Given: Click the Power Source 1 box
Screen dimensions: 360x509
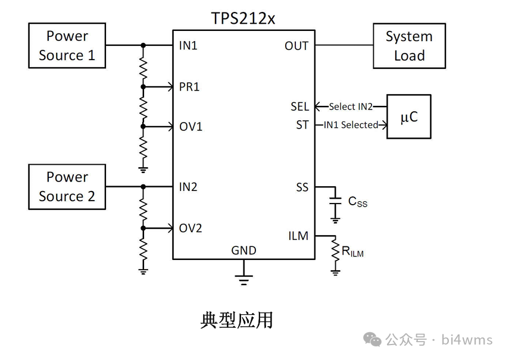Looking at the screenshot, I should (67, 46).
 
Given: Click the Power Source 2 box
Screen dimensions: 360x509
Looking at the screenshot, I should (67, 187).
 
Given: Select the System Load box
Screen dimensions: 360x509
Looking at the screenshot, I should (409, 46).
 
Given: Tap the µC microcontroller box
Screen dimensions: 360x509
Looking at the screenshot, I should (408, 117).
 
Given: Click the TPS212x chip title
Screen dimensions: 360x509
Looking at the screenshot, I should (243, 18).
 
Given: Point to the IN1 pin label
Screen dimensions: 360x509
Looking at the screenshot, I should (188, 46).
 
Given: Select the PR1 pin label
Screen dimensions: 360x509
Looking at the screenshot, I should (189, 87).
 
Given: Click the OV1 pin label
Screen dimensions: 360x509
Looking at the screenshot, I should (191, 127).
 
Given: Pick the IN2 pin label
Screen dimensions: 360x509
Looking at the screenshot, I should (188, 187).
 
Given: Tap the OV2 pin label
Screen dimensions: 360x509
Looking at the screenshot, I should (191, 228).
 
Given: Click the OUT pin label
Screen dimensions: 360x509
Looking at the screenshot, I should (296, 46).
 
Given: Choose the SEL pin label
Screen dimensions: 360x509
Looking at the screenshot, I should (299, 107).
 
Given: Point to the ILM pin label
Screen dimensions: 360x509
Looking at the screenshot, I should (298, 236).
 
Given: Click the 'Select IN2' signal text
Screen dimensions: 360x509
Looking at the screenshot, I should (351, 107).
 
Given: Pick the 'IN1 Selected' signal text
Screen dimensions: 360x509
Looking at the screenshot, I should (351, 125).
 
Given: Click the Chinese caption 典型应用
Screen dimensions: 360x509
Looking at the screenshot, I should (236, 320).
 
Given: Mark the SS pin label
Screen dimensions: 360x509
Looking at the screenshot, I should (302, 187).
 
